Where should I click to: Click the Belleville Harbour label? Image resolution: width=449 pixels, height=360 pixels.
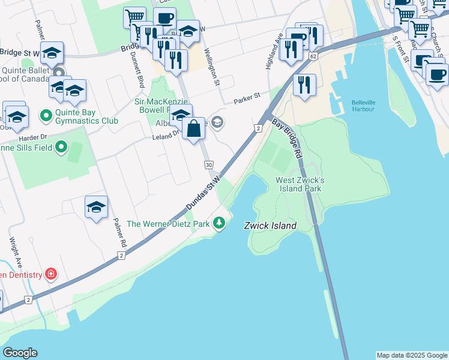(363, 106)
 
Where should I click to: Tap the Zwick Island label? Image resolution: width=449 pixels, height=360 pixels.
(270, 226)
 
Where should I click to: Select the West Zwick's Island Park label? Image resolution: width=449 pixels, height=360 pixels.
(300, 184)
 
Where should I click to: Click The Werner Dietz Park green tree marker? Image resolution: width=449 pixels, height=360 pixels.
(220, 224)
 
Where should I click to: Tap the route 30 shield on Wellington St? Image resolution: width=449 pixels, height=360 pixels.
(208, 165)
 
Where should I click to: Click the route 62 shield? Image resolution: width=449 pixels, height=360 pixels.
(313, 56)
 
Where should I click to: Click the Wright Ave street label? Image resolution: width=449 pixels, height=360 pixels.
(14, 252)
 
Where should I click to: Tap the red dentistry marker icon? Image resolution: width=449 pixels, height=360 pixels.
(52, 274)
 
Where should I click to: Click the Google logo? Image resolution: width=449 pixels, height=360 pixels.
(20, 353)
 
